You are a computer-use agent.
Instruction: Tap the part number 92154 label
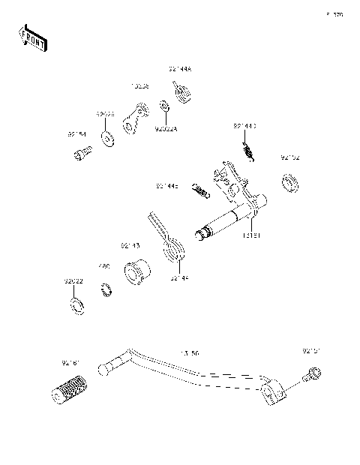point(76,134)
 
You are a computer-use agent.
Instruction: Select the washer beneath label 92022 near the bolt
point(109,136)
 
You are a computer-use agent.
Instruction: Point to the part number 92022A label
point(166,128)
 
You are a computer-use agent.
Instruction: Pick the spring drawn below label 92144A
point(181,93)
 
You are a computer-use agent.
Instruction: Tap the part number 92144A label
point(180,69)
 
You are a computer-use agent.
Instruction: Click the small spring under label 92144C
point(250,152)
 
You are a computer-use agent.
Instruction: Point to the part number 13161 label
point(250,235)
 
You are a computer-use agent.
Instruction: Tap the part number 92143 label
point(130,245)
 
